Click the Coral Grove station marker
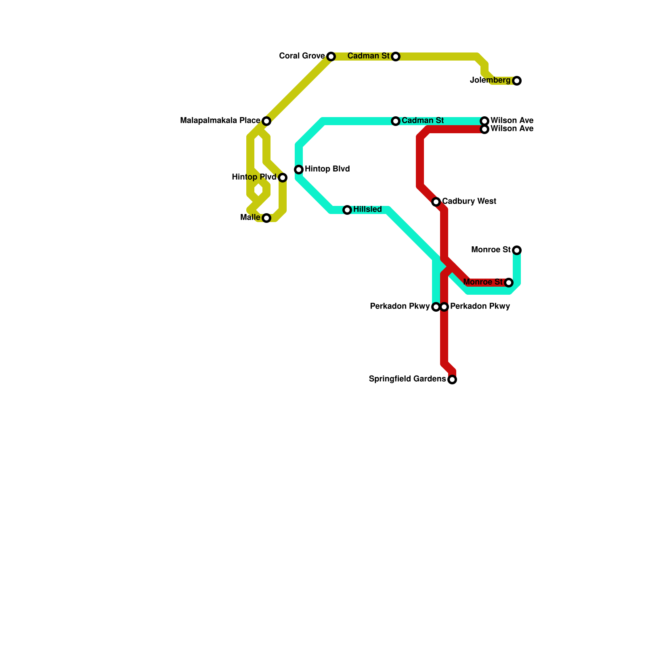[331, 57]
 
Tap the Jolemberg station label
[490, 80]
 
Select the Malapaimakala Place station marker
[266, 121]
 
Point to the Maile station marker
[266, 218]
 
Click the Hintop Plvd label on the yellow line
[254, 177]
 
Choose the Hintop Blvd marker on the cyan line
[299, 170]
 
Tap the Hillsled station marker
[347, 210]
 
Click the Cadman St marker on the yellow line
[396, 57]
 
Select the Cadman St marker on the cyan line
[396, 121]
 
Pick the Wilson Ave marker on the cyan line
[484, 121]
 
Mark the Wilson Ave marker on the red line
[484, 129]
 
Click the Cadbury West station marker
[436, 202]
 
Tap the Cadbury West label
[469, 201]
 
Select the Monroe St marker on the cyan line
[517, 250]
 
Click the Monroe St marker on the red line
[509, 283]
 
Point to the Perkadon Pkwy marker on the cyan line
[436, 307]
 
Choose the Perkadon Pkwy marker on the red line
[444, 307]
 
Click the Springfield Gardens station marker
[452, 380]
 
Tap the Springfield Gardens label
[407, 379]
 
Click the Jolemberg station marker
[517, 81]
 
